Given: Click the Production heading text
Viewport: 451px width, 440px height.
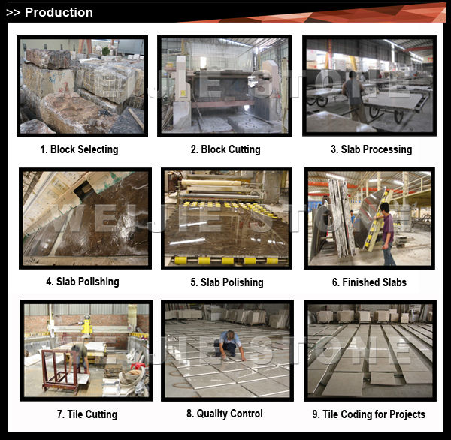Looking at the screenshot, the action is coord(59,12).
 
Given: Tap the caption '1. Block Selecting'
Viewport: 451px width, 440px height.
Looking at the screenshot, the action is coord(79,149).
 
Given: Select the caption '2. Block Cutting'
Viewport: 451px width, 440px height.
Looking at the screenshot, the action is coord(225,149).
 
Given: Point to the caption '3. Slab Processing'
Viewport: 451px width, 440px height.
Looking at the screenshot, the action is coord(371,149).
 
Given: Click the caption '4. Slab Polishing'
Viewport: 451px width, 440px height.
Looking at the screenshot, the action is coord(83,282).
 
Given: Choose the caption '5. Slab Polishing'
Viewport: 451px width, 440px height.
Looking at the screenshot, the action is coord(227,282).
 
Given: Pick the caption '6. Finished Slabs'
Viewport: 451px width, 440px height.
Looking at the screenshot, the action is coord(369,282).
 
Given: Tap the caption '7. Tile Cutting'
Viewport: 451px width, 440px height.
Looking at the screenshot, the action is coord(87,414).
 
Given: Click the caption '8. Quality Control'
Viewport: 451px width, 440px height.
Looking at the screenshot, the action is coord(225,414).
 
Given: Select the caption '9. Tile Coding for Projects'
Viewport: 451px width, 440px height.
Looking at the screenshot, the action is coord(369,414).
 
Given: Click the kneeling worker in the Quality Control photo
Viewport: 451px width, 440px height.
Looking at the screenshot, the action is coord(229,345).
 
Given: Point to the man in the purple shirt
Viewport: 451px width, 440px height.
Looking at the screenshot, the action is coord(386,234).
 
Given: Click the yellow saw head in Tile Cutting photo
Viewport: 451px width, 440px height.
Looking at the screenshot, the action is coord(86,327).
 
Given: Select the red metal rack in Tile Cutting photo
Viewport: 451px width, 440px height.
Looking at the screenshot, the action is coord(60,372).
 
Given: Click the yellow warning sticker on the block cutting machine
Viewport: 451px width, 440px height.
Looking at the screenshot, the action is coord(183,93).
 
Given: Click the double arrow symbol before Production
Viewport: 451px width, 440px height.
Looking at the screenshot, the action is coord(14,13).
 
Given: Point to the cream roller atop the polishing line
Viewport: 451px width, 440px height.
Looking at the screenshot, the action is coord(210,182).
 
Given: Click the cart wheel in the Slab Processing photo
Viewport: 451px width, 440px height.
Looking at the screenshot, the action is coord(322,101).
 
